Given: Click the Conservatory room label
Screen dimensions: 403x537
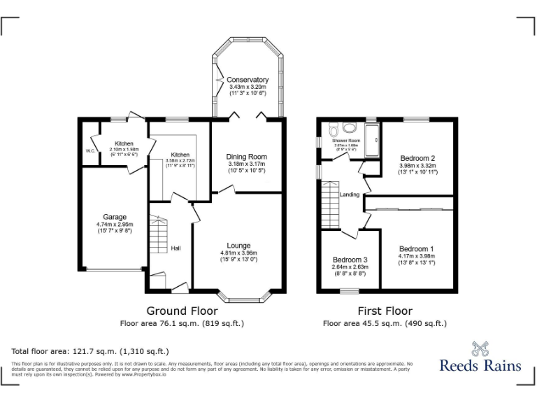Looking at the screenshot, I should (248, 80).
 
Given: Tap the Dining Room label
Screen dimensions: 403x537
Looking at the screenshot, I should (246, 157).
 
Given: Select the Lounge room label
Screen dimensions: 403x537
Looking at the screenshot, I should (238, 246).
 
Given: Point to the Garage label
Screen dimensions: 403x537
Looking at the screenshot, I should (115, 217).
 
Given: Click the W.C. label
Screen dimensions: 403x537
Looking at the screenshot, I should (90, 150).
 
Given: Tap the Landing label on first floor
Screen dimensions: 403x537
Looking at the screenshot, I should (349, 195).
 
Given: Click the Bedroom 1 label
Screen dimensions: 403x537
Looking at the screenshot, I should (417, 249).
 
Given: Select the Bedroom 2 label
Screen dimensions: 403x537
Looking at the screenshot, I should (417, 158).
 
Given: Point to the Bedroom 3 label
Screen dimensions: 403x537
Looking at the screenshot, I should (350, 259).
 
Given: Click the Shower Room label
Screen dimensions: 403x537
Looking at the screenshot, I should (345, 141).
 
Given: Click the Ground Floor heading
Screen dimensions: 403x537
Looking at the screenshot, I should (182, 311).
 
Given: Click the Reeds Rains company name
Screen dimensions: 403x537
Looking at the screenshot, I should (480, 365).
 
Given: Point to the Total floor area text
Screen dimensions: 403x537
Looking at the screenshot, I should (90, 351).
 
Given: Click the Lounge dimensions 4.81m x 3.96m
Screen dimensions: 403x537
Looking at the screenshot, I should (238, 253).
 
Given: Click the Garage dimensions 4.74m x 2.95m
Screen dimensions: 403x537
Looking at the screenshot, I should (115, 224).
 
